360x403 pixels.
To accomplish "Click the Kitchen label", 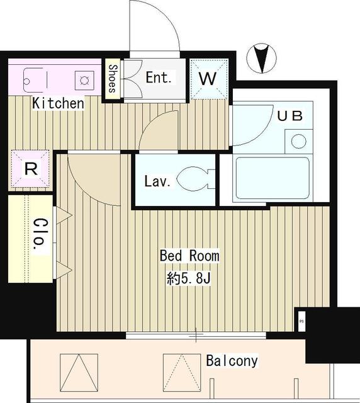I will point(59,103).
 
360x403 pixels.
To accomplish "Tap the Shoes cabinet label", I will point(113,79).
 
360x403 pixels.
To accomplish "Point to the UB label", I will point(290,116).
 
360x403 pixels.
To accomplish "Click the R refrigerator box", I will point(30,169).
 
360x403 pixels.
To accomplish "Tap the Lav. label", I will point(157,183).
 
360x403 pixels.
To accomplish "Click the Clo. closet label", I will point(39,236).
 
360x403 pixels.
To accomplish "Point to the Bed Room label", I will point(189,256).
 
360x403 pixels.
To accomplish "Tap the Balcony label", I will point(232,361).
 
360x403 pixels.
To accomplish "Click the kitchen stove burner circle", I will point(83,79).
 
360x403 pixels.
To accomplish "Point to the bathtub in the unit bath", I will point(272,179).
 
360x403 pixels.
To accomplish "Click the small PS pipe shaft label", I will point(301,322).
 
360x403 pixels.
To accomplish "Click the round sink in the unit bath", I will point(299,140).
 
